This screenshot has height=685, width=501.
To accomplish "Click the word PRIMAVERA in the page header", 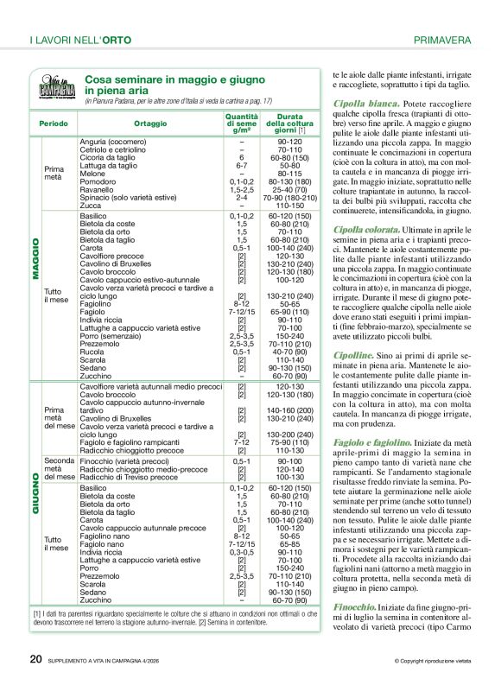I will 441,40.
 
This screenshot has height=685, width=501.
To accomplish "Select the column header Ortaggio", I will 150,124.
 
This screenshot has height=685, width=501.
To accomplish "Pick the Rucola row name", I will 92,352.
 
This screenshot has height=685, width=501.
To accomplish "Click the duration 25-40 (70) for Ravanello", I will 284,189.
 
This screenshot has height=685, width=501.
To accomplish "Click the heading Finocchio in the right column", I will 354,608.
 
